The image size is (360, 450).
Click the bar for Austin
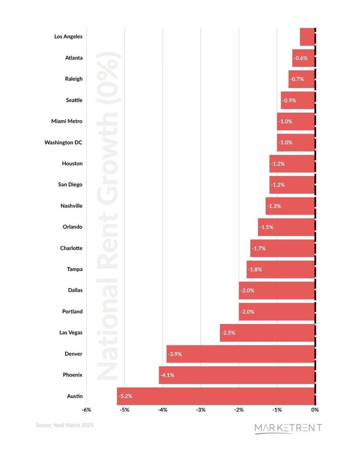pos(216,396)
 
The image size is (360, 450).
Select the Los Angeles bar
pos(307,36)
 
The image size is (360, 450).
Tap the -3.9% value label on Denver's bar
pos(175,354)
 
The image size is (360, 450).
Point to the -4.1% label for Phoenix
pos(167,375)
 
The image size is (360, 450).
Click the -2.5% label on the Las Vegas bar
pos(228,333)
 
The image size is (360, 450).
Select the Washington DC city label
pos(63,142)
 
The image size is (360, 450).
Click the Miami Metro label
pos(67,121)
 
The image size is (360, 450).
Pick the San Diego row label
pos(70,184)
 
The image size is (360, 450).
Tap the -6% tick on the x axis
pos(86,410)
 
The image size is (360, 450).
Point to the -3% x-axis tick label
pos(201,410)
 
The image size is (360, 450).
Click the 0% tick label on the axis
pos(315,410)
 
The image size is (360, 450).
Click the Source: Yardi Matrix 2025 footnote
pos(65,425)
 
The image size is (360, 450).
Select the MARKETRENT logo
pos(288,428)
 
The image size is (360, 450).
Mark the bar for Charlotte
pos(283,248)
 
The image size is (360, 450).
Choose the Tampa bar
pos(281,269)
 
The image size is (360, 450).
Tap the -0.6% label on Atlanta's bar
pos(300,58)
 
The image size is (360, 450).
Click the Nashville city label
pos(72,206)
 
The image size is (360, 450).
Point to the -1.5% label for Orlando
pos(266,227)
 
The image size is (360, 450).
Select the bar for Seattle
pos(298,100)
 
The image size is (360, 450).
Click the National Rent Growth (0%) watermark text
pos(108,216)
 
